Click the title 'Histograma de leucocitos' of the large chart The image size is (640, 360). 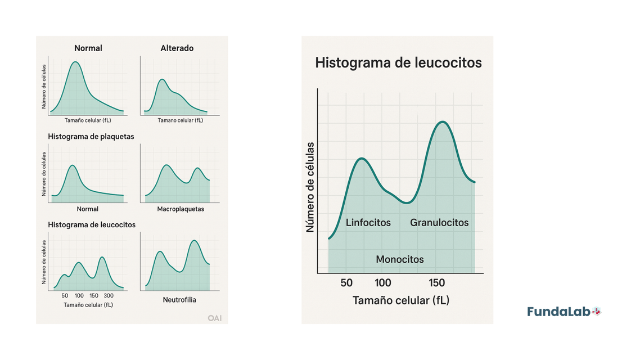tap(398, 62)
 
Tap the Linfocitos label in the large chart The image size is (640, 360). tap(368, 223)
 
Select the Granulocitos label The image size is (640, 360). tap(439, 223)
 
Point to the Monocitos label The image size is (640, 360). tap(400, 259)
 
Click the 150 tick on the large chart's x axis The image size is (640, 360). tap(437, 283)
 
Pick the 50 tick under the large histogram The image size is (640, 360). tap(346, 283)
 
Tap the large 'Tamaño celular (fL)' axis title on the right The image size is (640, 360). tap(401, 300)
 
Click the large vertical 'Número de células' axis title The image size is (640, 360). tap(310, 187)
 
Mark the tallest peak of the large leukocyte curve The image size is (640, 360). tap(443, 121)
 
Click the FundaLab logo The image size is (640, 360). tap(564, 312)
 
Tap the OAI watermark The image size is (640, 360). tap(214, 318)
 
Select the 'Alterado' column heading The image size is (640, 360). tap(177, 48)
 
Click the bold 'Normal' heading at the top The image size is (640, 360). tap(88, 48)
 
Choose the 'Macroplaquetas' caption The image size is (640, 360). tap(181, 209)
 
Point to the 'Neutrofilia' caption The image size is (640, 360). tap(179, 300)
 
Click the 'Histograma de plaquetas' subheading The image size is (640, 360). tap(91, 137)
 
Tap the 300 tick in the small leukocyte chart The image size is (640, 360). tap(109, 295)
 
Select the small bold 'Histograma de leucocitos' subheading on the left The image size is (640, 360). tap(92, 224)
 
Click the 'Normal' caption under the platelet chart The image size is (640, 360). tap(87, 209)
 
